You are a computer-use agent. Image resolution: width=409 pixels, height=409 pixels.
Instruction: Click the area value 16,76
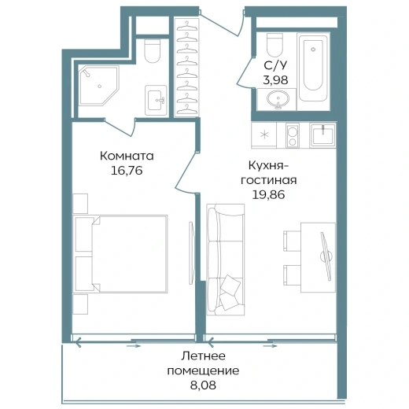coord(127,171)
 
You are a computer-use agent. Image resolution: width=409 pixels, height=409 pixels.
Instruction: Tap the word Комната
coord(127,156)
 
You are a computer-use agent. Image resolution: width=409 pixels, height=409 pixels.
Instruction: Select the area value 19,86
coord(268,194)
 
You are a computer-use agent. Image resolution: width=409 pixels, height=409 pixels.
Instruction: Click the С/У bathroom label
coord(275,65)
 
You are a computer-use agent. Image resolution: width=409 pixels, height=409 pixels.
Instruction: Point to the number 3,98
coord(275,80)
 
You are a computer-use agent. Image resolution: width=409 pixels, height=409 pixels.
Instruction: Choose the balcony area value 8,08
coord(203,385)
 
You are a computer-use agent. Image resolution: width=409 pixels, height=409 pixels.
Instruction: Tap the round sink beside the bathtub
coord(278,99)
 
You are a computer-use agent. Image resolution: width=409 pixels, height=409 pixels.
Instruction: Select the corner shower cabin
coord(99,86)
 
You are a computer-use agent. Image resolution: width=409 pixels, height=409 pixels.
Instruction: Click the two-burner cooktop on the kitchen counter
coord(292,135)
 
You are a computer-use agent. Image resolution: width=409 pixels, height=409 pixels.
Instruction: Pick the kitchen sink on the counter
coord(322,135)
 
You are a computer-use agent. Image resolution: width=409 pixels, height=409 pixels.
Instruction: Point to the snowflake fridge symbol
coord(264,135)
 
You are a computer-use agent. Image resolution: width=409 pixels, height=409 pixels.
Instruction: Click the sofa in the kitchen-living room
coord(226,260)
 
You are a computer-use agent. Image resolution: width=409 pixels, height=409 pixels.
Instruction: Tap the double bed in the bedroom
coord(120,253)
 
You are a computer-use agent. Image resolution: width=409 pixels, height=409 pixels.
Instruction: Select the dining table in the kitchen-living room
coord(318,257)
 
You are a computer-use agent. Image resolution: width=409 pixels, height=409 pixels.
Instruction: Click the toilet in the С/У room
coord(275,45)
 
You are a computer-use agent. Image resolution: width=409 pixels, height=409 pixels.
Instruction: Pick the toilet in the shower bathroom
coord(153,51)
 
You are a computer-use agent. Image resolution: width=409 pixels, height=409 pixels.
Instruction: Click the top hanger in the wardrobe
coord(187,26)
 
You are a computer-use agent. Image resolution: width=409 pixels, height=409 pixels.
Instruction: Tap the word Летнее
coord(204,356)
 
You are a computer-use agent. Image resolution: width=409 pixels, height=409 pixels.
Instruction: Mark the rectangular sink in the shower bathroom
coord(156,100)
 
